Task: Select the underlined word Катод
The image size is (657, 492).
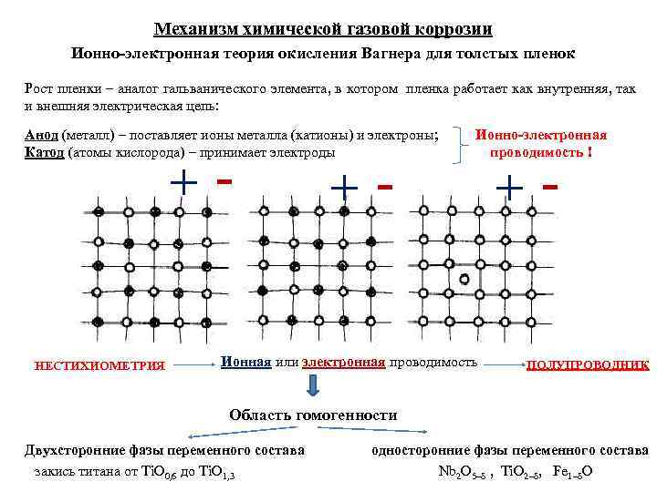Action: (40, 151)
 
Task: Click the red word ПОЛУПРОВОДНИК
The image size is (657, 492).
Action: (588, 364)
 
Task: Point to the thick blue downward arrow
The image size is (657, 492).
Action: (314, 387)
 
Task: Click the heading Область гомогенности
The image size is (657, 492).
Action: (313, 415)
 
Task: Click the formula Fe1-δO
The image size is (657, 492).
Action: (574, 471)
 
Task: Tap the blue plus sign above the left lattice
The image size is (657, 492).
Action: (183, 183)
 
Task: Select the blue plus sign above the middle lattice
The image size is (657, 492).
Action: (344, 187)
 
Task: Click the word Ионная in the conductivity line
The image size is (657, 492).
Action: (246, 362)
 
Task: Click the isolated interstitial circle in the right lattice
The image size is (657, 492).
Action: (464, 278)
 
